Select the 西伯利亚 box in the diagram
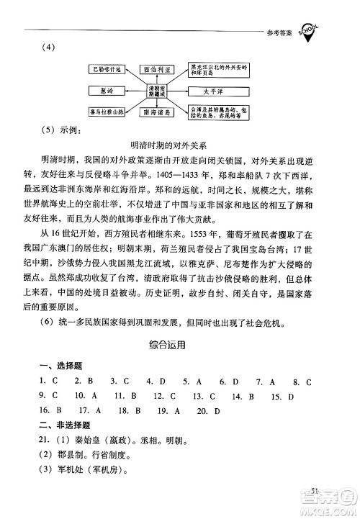(160, 70)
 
